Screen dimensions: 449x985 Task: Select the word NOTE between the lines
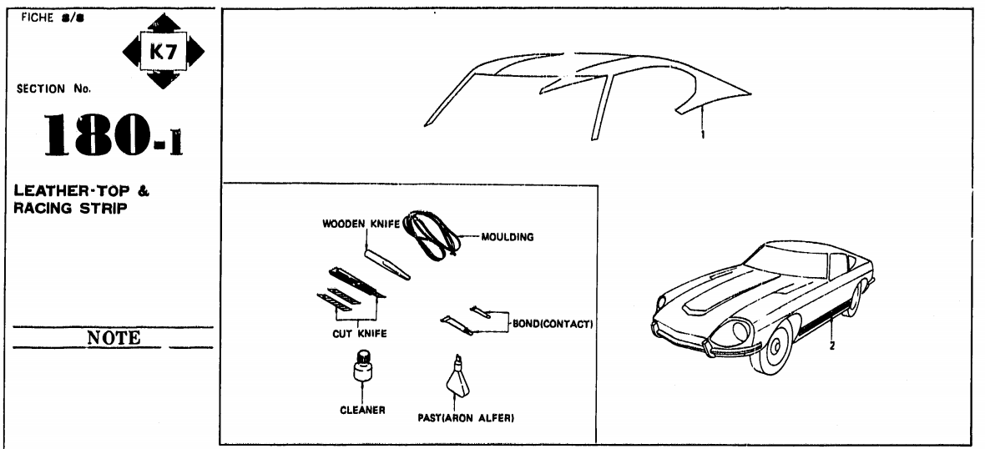coord(114,337)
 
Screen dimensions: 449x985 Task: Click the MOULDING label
coord(508,236)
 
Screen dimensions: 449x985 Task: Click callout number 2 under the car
coord(832,345)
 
